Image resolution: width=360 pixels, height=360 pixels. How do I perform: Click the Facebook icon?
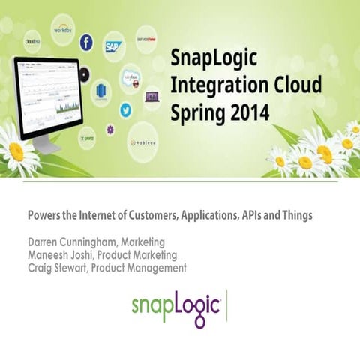click(x=87, y=44)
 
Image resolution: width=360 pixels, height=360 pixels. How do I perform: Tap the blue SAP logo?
click(x=113, y=48)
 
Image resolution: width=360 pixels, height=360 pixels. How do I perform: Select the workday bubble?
click(x=63, y=31)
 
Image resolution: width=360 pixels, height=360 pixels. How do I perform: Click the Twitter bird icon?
click(x=125, y=110)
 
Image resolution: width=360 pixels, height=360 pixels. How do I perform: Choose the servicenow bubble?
click(x=146, y=37)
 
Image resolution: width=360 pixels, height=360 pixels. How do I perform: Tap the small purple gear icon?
click(x=110, y=130)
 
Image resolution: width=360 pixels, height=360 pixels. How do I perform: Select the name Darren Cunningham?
click(x=73, y=242)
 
